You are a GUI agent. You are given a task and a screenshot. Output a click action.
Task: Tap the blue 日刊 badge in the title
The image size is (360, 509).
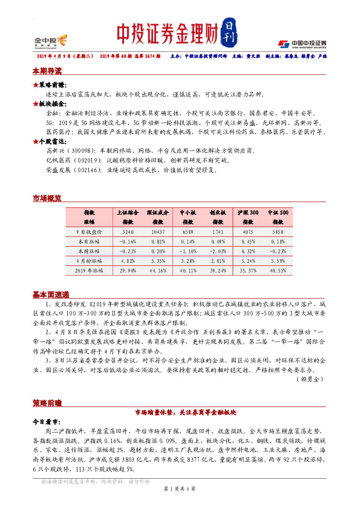pyautogui.click(x=227, y=34)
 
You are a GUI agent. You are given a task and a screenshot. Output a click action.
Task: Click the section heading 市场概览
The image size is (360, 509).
pyautogui.click(x=47, y=198)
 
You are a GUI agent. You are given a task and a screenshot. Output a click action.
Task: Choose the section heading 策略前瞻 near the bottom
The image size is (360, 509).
pyautogui.click(x=47, y=401)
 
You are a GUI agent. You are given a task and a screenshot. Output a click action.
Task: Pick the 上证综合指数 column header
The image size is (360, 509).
pyautogui.click(x=128, y=218)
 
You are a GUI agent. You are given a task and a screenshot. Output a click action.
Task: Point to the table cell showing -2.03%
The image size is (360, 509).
pyautogui.click(x=217, y=251)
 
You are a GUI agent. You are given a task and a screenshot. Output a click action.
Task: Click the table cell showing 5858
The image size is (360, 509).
pyautogui.click(x=278, y=232)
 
